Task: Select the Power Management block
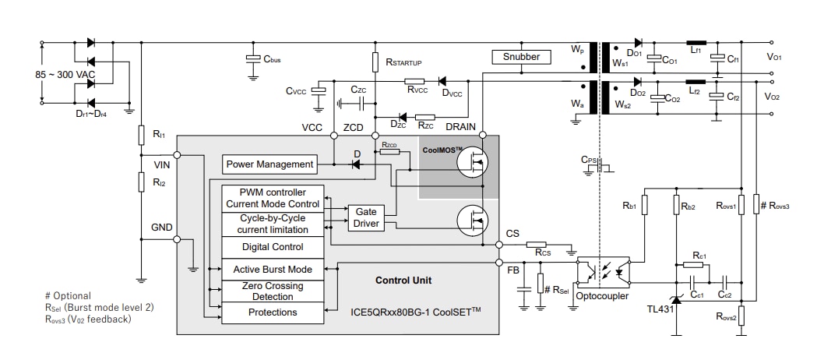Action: click(269, 164)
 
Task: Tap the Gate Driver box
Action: click(366, 217)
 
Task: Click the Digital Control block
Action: click(273, 247)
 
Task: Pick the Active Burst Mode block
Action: click(273, 270)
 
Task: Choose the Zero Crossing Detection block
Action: click(273, 291)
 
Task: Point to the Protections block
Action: click(273, 312)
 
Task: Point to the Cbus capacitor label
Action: click(272, 59)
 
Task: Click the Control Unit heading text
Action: click(403, 281)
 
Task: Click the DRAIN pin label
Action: click(461, 126)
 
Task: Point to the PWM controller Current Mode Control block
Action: click(273, 198)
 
